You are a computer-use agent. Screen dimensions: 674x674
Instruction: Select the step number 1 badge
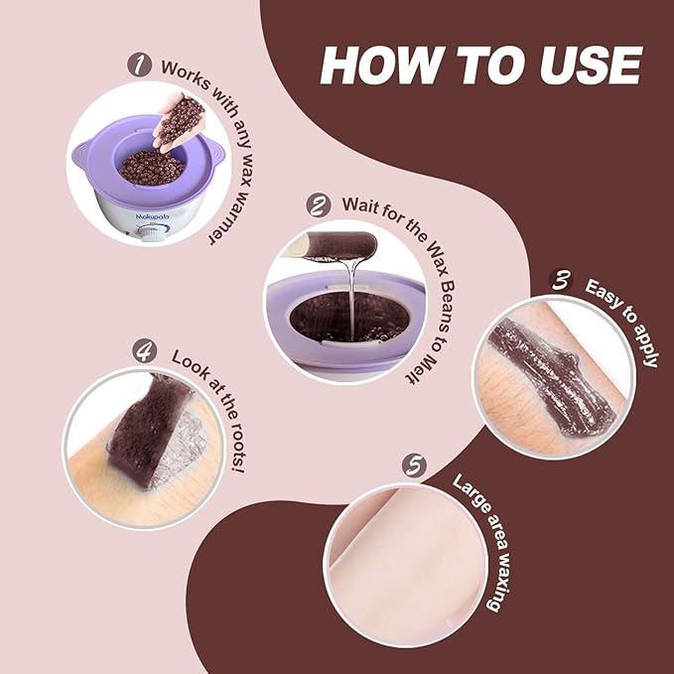pyautogui.click(x=138, y=65)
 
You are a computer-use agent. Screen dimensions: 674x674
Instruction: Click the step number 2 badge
pyautogui.click(x=318, y=206)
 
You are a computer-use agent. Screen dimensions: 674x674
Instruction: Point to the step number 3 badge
pyautogui.click(x=562, y=281)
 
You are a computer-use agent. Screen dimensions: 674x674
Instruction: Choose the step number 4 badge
pyautogui.click(x=146, y=350)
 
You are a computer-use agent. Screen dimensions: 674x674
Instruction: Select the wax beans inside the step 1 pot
pyautogui.click(x=151, y=166)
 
